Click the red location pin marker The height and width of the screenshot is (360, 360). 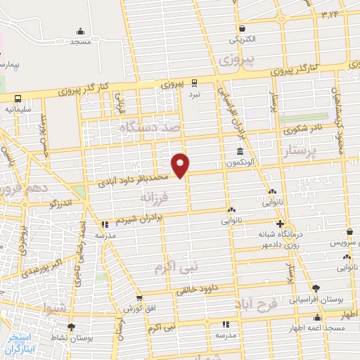click(181, 165)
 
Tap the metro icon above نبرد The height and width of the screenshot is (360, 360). click(193, 82)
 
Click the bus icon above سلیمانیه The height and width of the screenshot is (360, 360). click(17, 98)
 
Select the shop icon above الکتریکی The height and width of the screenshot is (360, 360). click(242, 28)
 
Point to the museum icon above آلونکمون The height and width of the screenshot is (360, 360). click(240, 152)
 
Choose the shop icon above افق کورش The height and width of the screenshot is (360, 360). click(139, 298)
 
